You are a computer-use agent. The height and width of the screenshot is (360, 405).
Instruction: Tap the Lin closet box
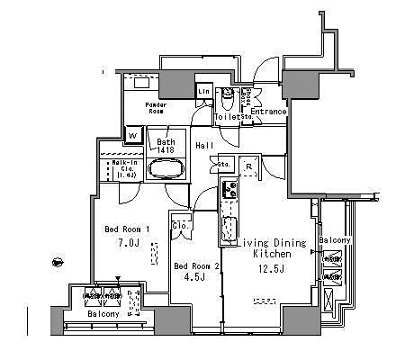click(203, 91)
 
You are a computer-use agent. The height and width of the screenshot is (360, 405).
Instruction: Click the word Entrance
click(268, 112)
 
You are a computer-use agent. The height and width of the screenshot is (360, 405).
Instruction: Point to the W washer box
click(132, 137)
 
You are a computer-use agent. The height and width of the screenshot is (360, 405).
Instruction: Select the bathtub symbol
click(166, 169)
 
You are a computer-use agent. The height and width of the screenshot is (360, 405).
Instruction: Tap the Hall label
click(204, 146)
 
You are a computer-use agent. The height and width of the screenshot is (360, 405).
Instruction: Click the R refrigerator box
click(247, 166)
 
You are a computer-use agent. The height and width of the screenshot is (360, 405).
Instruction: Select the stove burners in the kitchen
click(229, 191)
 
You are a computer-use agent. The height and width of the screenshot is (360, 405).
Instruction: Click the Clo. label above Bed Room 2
click(179, 225)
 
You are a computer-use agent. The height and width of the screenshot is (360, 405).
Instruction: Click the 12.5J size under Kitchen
click(267, 267)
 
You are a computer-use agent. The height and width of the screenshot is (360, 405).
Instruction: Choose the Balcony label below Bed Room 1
click(105, 314)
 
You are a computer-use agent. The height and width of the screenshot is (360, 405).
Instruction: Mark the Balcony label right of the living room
click(333, 242)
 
